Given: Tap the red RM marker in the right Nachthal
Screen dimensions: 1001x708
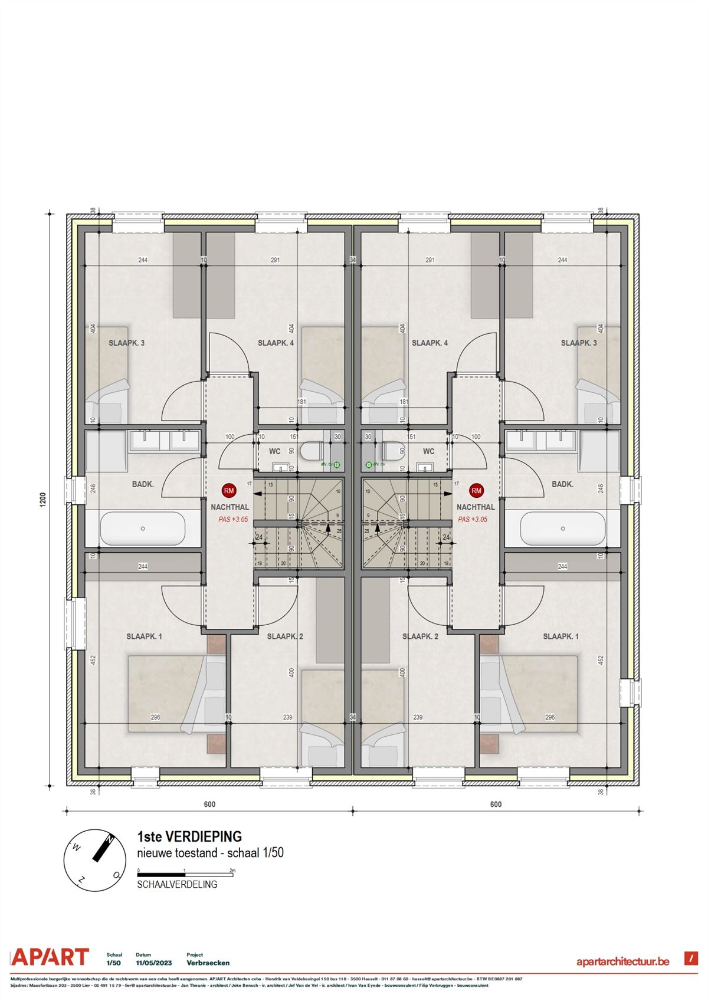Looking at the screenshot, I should (x=476, y=490).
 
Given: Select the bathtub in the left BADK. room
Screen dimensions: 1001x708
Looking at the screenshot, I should (x=143, y=529).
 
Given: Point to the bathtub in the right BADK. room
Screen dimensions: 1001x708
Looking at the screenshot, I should (x=563, y=529).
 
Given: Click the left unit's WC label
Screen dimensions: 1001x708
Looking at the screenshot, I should (x=275, y=451).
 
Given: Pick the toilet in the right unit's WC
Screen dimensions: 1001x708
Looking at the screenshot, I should (x=392, y=452).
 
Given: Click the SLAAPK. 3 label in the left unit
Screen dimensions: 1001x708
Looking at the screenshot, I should (x=126, y=343).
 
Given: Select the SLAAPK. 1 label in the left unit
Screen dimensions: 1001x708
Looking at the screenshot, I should (x=144, y=636).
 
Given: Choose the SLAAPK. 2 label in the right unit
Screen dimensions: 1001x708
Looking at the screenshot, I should (x=420, y=636).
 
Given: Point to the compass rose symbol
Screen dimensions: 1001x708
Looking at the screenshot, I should (x=94, y=859).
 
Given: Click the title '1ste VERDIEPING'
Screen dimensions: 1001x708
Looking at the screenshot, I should (x=189, y=836).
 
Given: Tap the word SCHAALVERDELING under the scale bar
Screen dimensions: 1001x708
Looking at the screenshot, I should (x=177, y=884).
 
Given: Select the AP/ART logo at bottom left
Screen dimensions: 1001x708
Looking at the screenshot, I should (x=51, y=957).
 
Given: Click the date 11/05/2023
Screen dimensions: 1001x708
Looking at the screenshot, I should (x=153, y=963).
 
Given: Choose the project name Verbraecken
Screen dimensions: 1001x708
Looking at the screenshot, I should (x=208, y=963).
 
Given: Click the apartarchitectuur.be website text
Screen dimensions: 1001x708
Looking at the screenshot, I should (x=622, y=961).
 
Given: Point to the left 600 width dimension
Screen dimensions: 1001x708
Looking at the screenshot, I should (x=209, y=804).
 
